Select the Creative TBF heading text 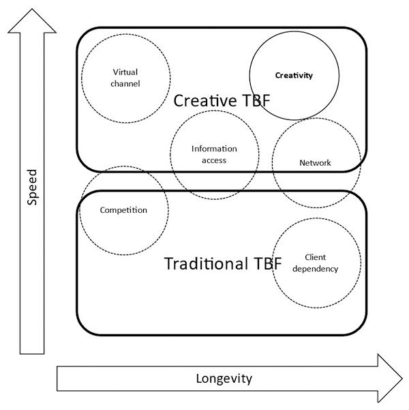pyautogui.click(x=222, y=101)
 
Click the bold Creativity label pyautogui.click(x=294, y=76)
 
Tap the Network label pyautogui.click(x=315, y=163)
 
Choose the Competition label pyautogui.click(x=123, y=210)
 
